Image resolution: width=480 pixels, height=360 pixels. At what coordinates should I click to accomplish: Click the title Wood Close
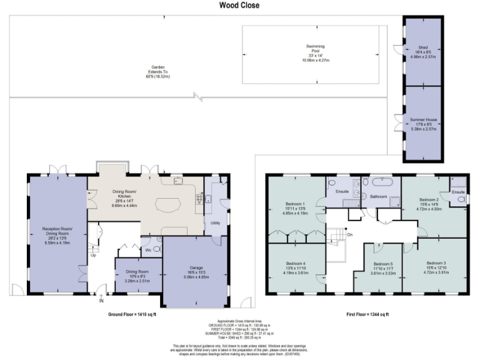coord(239,6)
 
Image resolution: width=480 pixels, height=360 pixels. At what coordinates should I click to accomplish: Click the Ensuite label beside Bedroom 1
coord(341,191)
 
